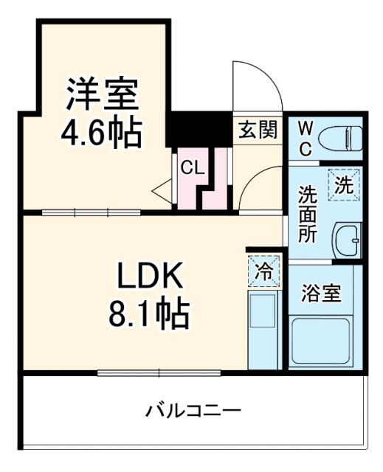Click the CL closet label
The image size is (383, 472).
point(193,167)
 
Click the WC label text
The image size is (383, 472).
point(306,138)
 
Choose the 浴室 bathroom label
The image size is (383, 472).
point(322,293)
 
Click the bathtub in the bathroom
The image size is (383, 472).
point(321,341)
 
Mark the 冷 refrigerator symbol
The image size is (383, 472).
point(264,270)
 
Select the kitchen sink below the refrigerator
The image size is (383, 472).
point(262,313)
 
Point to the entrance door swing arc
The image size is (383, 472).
point(258,81)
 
